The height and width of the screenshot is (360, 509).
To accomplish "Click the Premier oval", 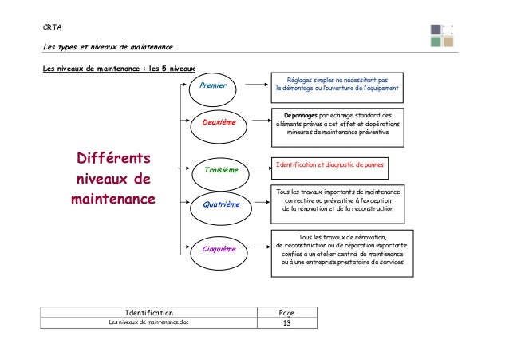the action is (x=214, y=85).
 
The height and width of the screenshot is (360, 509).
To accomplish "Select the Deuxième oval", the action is (x=219, y=124).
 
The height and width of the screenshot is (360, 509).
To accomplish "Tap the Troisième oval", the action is (x=221, y=170).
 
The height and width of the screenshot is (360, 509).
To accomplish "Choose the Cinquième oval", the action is (x=219, y=249).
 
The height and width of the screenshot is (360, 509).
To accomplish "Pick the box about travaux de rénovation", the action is (x=342, y=250).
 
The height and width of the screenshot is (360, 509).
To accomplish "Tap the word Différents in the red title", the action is (x=112, y=155).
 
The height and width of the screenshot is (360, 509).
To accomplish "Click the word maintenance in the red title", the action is (x=112, y=196).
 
